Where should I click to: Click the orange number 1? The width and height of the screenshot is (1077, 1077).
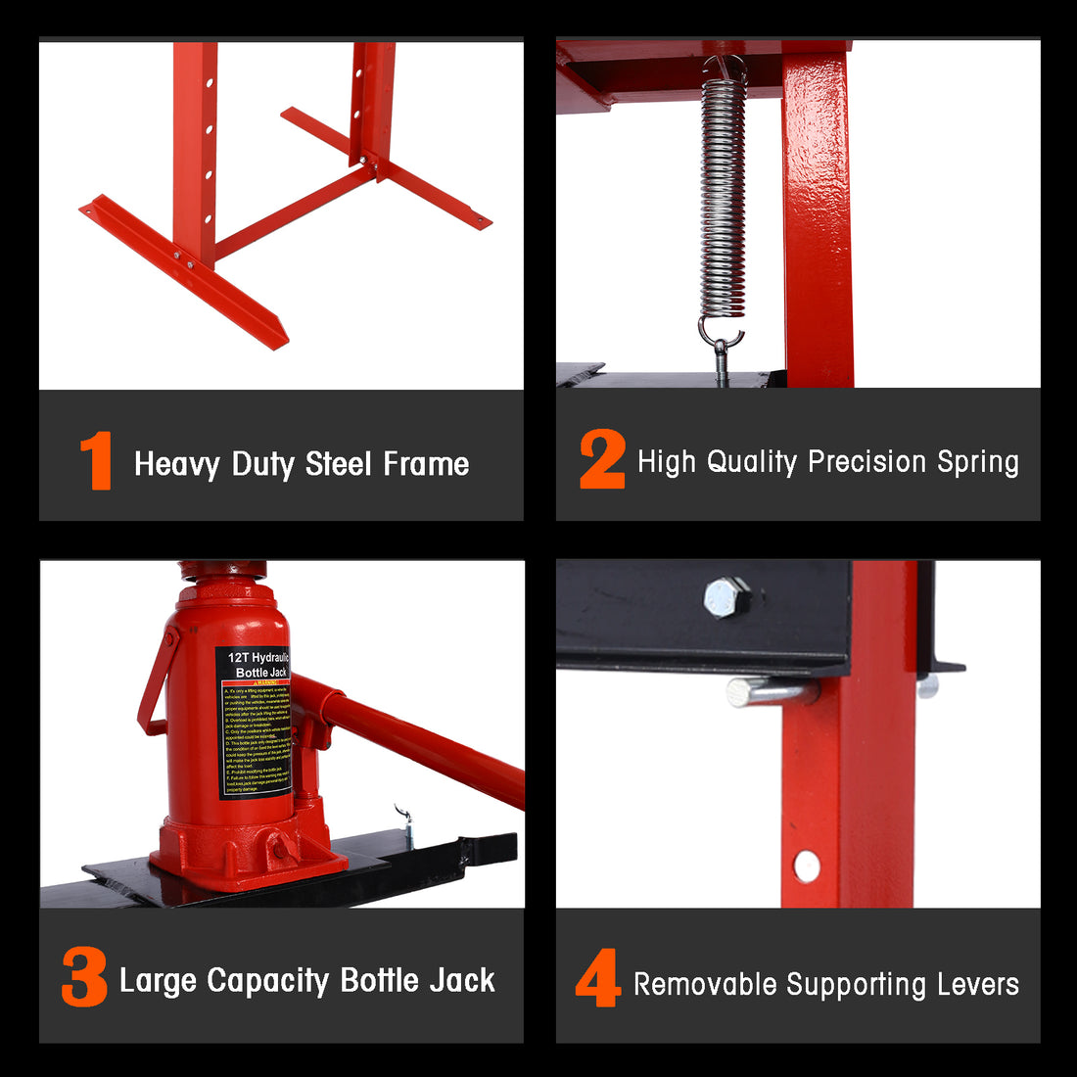(x=96, y=461)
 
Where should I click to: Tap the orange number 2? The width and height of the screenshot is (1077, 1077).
(x=601, y=459)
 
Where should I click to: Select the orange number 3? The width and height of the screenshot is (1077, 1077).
(x=84, y=977)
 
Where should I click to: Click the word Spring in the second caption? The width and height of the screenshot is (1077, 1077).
(x=977, y=462)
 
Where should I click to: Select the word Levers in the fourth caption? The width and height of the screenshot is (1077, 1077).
(x=975, y=984)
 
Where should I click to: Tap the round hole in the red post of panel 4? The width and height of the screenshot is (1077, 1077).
(x=807, y=866)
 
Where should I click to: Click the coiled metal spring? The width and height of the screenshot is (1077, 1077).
(x=723, y=196)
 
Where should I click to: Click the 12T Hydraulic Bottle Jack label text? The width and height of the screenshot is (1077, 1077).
(x=257, y=665)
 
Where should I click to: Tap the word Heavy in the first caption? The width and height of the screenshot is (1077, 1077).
(x=176, y=464)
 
